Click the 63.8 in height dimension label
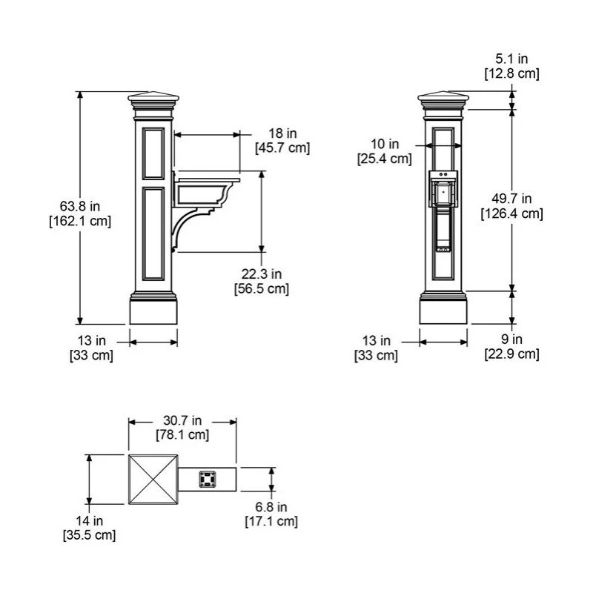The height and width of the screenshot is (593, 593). click(80, 207)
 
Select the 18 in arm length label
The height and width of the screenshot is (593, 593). click(282, 133)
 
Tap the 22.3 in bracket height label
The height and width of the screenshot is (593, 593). click(262, 274)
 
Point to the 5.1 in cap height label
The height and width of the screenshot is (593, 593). click(511, 59)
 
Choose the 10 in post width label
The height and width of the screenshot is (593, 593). click(385, 144)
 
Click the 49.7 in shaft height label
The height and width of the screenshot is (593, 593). click(511, 199)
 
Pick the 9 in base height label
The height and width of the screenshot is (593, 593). click(511, 339)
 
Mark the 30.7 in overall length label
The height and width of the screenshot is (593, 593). click(182, 420)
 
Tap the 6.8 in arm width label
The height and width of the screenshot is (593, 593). click(271, 507)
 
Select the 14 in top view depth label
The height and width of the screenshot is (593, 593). click(89, 521)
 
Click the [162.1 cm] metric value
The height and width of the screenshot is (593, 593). click(80, 221)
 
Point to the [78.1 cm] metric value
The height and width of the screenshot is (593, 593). click(182, 434)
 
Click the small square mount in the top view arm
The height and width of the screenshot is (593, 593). click(208, 480)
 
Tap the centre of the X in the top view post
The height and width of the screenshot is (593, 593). click(153, 480)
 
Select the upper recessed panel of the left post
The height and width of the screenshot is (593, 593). click(153, 153)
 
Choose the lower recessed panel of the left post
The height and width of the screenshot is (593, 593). click(153, 233)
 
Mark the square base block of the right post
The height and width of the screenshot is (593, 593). click(443, 312)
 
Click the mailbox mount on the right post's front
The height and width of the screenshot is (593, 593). click(443, 189)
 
